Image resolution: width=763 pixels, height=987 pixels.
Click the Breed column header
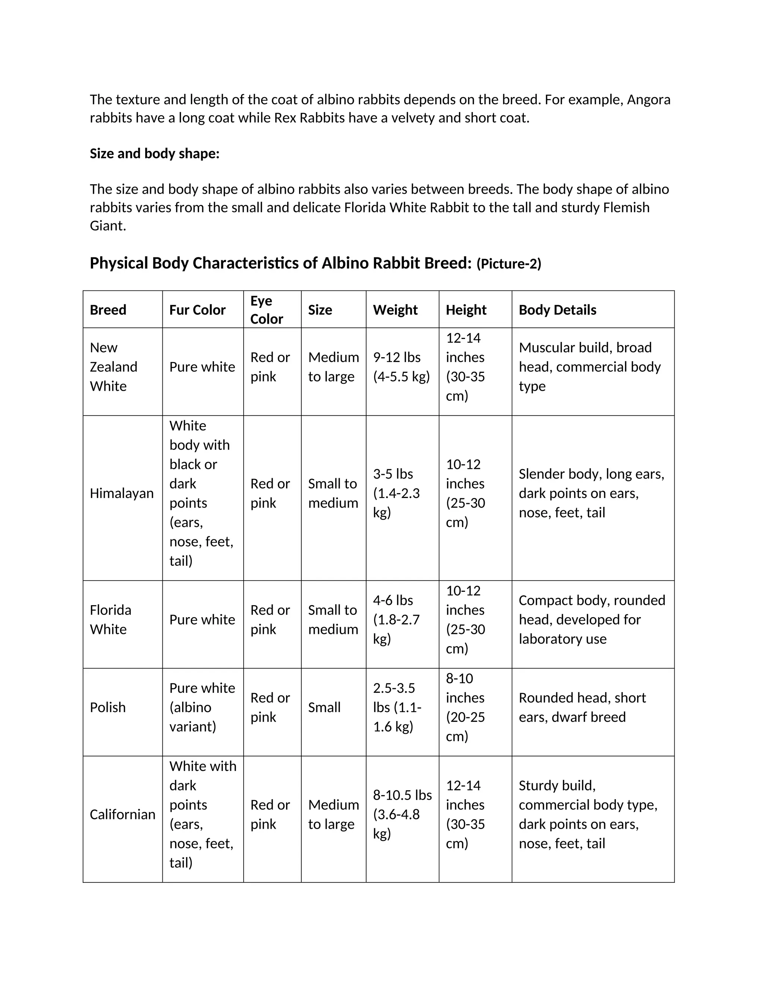[x=108, y=310]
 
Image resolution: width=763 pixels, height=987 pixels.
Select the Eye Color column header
[x=267, y=310]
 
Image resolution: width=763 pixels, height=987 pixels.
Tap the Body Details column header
[x=557, y=310]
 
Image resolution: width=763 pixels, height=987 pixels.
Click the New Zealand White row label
[x=114, y=367]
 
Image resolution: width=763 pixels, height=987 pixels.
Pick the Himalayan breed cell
[x=121, y=493]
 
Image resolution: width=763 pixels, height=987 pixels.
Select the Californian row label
[x=123, y=814]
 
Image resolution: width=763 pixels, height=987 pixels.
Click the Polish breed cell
[x=108, y=707]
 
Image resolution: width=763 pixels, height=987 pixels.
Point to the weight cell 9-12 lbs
[x=401, y=367]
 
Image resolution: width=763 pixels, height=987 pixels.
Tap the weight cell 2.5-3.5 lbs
[x=397, y=707]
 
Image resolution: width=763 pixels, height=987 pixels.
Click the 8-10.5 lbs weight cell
[x=402, y=814]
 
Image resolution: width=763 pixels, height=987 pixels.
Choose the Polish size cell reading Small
[x=324, y=707]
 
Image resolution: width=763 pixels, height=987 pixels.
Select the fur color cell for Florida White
[x=202, y=620]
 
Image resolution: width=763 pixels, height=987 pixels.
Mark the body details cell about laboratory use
[x=592, y=620]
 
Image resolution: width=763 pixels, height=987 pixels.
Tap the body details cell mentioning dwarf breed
[x=582, y=707]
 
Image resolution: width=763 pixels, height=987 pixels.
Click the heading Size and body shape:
[x=155, y=154]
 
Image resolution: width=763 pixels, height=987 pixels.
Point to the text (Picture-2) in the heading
[x=509, y=264]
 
